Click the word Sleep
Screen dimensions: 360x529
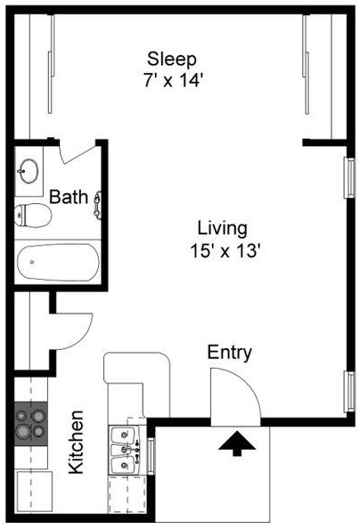[x=172, y=60]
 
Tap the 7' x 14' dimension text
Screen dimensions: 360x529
[x=173, y=81]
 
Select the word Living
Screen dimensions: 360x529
[x=222, y=230]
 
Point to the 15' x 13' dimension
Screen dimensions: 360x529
[x=225, y=251]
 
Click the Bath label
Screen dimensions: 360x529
[x=69, y=197]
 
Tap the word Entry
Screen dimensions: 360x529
[x=230, y=354]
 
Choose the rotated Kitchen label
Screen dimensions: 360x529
[x=76, y=442]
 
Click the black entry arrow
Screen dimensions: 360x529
[x=237, y=444]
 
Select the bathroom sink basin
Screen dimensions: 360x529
[x=28, y=171]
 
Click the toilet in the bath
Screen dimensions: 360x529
[x=33, y=216]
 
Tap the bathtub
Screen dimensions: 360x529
[x=58, y=262]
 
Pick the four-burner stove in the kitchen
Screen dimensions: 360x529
[x=30, y=423]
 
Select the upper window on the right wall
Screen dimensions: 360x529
[x=350, y=178]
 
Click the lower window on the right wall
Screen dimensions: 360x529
[x=350, y=391]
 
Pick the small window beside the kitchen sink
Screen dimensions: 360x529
[x=151, y=456]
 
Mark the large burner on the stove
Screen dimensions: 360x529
[x=23, y=431]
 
